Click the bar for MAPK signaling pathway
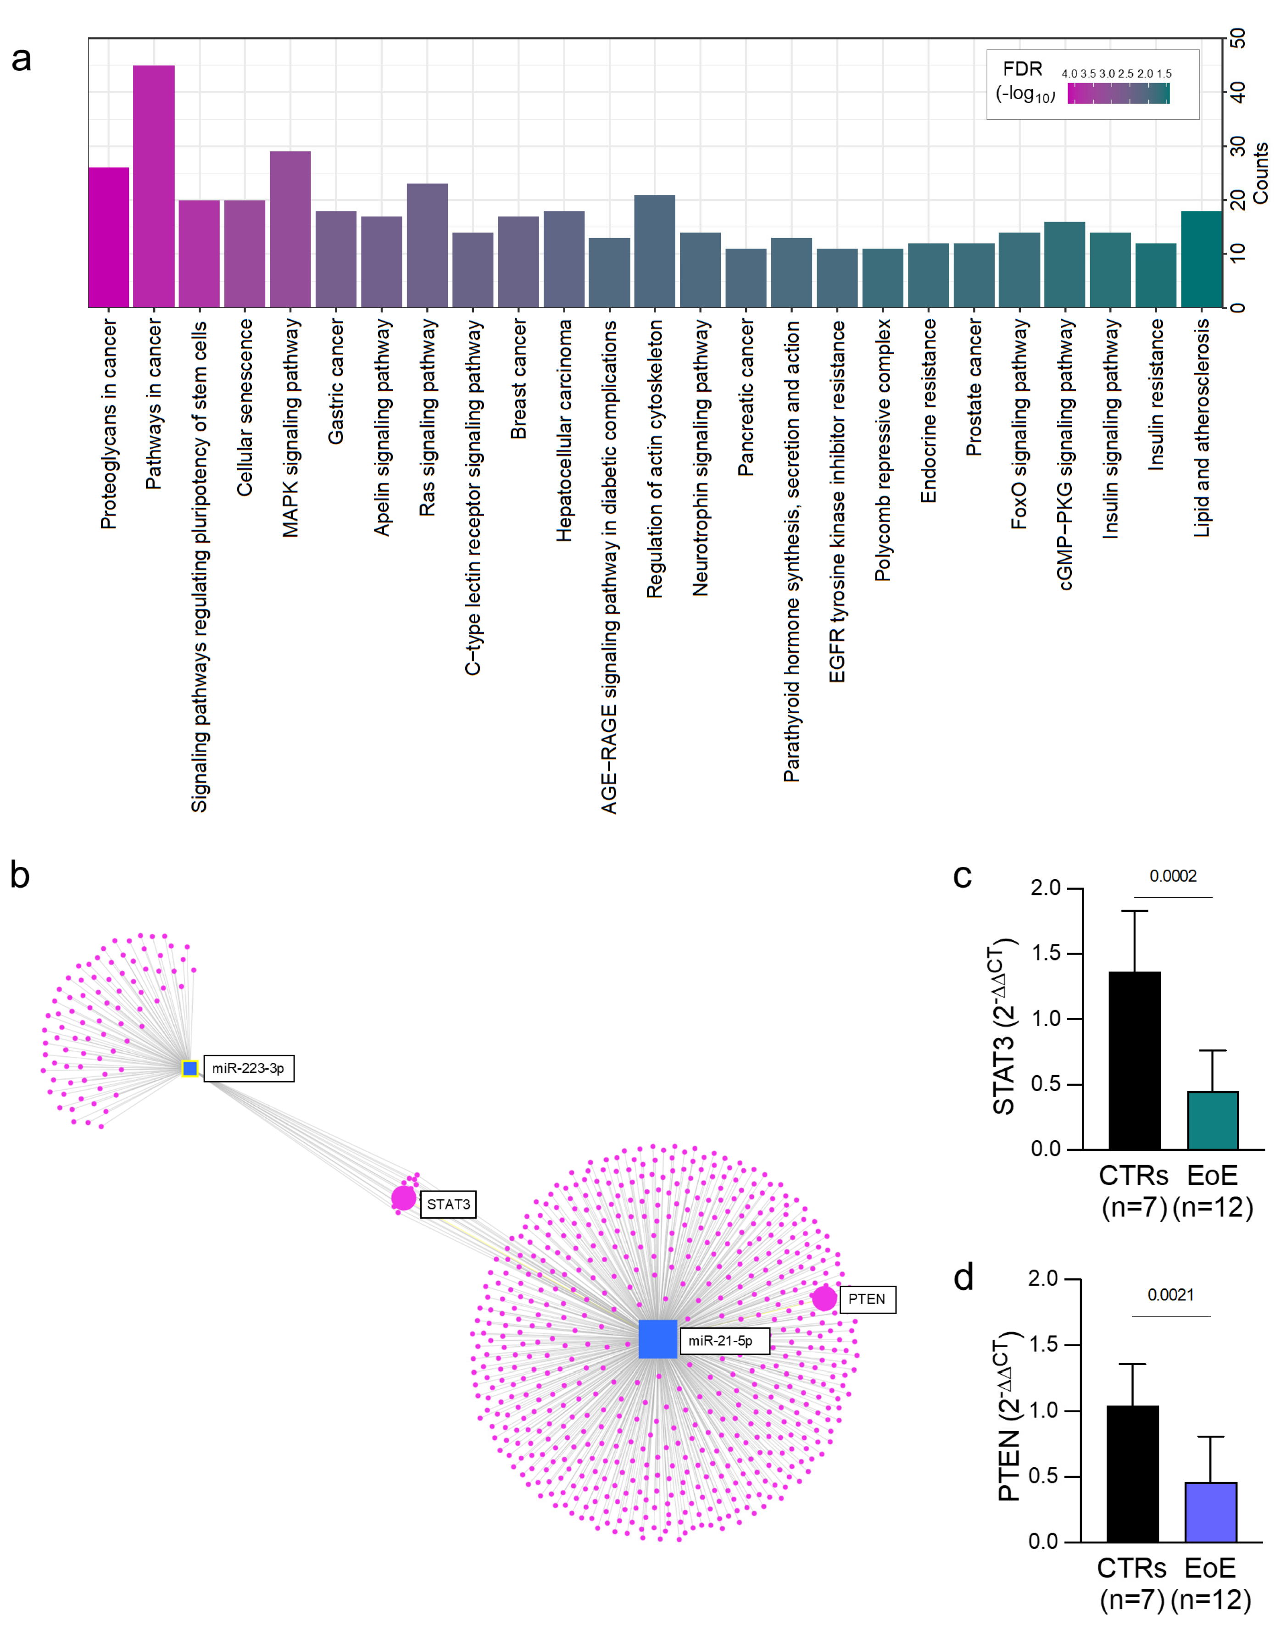(290, 230)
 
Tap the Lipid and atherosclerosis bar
(1201, 259)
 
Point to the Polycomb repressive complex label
(882, 450)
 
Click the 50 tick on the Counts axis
(1237, 38)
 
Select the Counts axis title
(1260, 172)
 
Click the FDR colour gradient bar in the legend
(1118, 94)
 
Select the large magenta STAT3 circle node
(404, 1198)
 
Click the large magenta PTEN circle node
(824, 1298)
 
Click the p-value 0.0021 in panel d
(1171, 1295)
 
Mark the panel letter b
(20, 876)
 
